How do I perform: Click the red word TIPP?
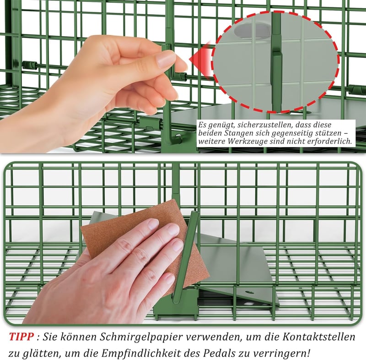[22, 337]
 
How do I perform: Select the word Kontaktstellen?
[319, 337]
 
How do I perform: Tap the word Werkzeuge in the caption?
[249, 142]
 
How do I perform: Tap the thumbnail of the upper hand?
[165, 59]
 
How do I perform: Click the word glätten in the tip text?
[41, 354]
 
